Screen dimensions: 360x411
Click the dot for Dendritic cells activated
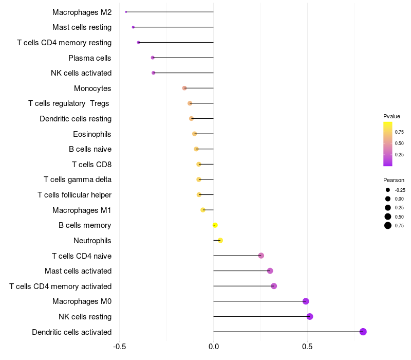[x=363, y=332]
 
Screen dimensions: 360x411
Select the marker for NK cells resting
[x=310, y=316]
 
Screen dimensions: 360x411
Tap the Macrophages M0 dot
[x=306, y=301]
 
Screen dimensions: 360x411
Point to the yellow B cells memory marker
[x=215, y=225]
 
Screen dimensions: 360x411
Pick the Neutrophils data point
[x=220, y=240]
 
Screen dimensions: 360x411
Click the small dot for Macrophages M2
[x=126, y=12]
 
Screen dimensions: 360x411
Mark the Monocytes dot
[x=184, y=88]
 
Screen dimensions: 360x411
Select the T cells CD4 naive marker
[x=261, y=256]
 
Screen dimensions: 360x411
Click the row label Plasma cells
[x=90, y=58]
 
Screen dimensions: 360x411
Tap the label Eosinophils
[x=92, y=134]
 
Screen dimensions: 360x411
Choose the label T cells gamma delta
[x=78, y=179]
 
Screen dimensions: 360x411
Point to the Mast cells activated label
[x=78, y=271]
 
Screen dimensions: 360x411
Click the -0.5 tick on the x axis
[x=120, y=347]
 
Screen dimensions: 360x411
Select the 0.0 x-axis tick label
[x=214, y=347]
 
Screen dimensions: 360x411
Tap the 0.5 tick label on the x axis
[x=307, y=347]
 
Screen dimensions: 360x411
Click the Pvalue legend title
[x=391, y=116]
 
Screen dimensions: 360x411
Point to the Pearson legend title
[x=394, y=180]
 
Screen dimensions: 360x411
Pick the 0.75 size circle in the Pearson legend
[x=388, y=226]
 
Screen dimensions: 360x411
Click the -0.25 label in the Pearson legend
[x=400, y=190]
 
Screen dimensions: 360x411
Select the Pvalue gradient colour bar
[x=388, y=144]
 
